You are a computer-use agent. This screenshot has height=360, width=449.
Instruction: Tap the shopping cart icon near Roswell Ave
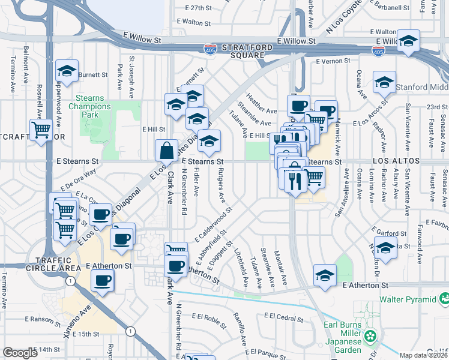(41, 130)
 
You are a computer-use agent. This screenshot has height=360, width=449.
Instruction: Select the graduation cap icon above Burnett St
(67, 70)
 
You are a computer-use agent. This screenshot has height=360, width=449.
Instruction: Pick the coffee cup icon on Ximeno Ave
(102, 280)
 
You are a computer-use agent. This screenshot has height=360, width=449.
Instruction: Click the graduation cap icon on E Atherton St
(325, 274)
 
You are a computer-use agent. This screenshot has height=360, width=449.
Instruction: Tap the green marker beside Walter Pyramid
(444, 298)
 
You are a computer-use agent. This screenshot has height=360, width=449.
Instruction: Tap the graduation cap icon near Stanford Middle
(384, 83)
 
